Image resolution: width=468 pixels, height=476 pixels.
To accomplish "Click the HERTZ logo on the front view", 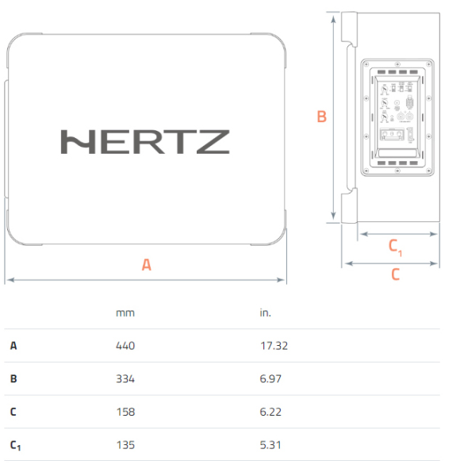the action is pyautogui.click(x=145, y=142).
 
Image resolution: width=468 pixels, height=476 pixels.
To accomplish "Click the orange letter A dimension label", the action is pyautogui.click(x=146, y=265).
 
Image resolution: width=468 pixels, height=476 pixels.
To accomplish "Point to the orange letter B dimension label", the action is pyautogui.click(x=322, y=117).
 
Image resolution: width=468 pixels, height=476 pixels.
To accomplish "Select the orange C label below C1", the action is pyautogui.click(x=395, y=274).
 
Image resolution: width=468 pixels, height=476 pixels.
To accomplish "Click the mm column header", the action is pyautogui.click(x=125, y=313).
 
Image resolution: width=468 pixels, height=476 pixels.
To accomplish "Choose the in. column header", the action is pyautogui.click(x=265, y=313).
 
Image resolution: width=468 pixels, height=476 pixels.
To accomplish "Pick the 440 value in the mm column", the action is pyautogui.click(x=125, y=346).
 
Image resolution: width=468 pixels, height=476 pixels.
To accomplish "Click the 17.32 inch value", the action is pyautogui.click(x=274, y=346).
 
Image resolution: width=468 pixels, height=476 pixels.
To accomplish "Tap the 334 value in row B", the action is pyautogui.click(x=125, y=379).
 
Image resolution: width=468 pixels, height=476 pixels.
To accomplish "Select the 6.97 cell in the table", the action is pyautogui.click(x=270, y=379).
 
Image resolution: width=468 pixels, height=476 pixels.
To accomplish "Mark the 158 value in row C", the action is pyautogui.click(x=125, y=412).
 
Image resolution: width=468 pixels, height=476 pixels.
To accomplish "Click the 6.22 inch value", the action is pyautogui.click(x=270, y=412).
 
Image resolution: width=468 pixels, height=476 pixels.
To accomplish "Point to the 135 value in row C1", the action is pyautogui.click(x=125, y=445).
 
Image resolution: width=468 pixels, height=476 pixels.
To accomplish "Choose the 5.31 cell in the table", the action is pyautogui.click(x=270, y=445).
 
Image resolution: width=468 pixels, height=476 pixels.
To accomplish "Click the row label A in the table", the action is pyautogui.click(x=13, y=346).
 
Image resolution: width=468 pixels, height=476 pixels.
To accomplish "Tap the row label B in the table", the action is pyautogui.click(x=13, y=379).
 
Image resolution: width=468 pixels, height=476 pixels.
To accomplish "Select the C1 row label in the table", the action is pyautogui.click(x=15, y=446).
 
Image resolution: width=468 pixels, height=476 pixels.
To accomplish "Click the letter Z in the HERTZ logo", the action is pyautogui.click(x=213, y=142).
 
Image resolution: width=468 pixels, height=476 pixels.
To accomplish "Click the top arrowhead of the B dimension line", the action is pyautogui.click(x=333, y=19).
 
